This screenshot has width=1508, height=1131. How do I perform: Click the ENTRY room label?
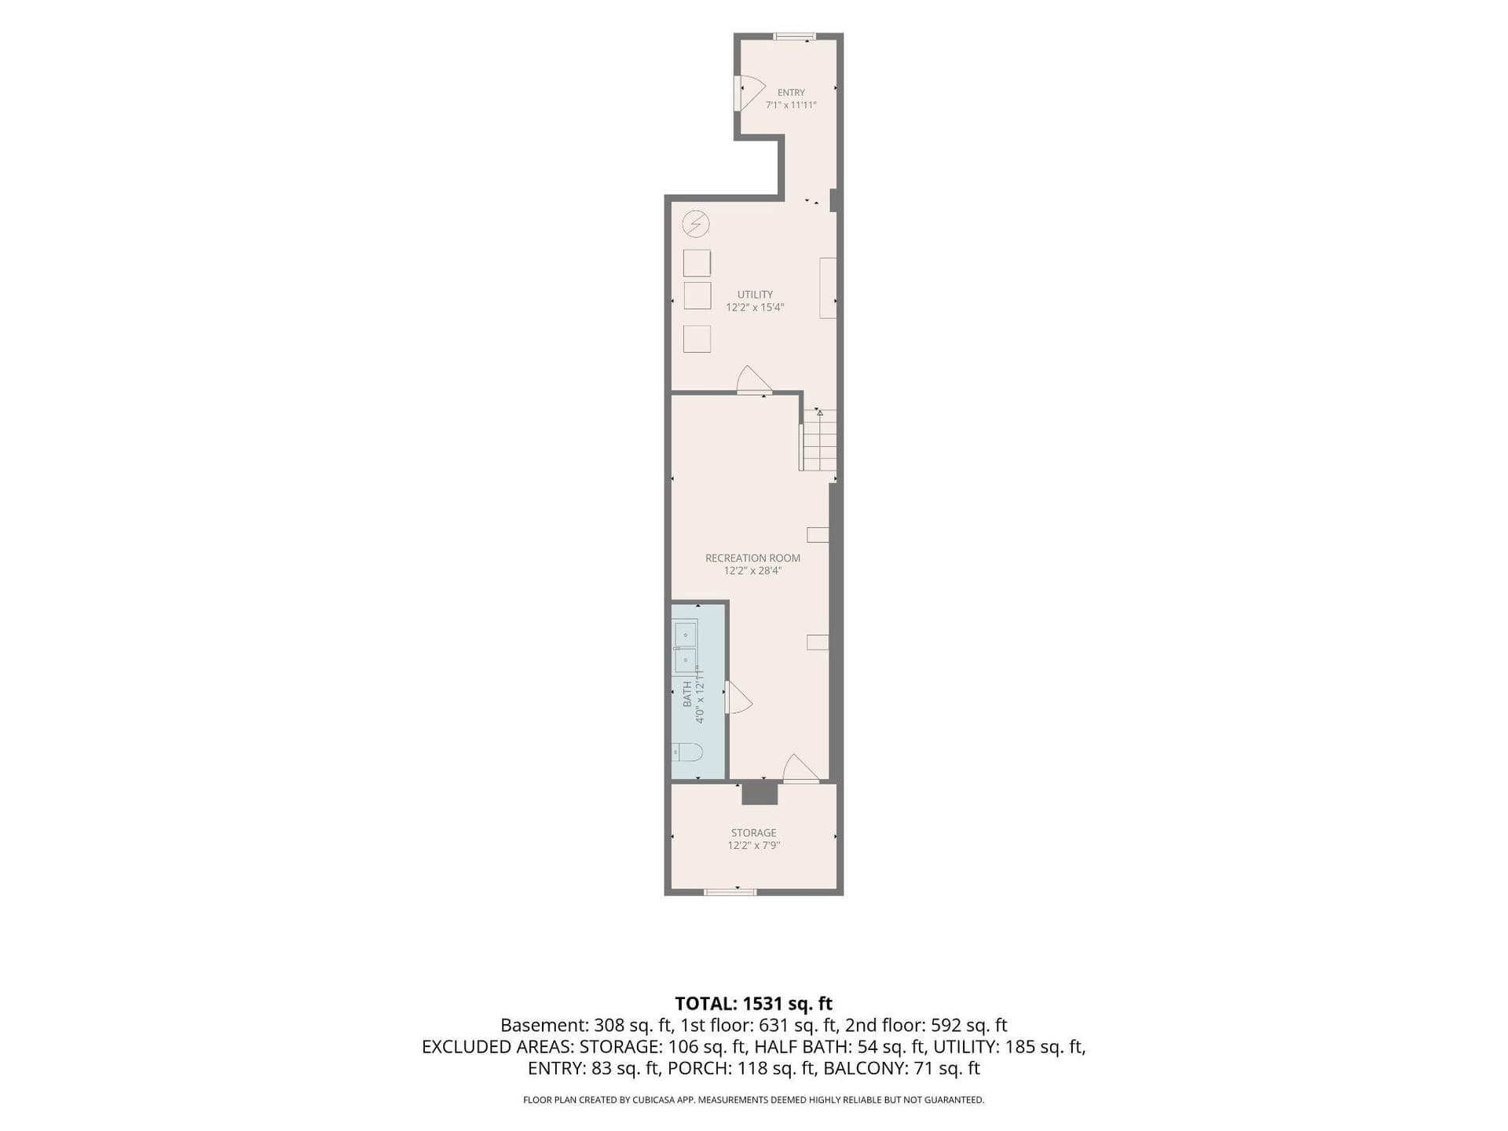pyautogui.click(x=791, y=93)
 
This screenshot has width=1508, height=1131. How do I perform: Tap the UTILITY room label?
pyautogui.click(x=755, y=295)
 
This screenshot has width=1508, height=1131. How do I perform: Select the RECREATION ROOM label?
pyautogui.click(x=752, y=558)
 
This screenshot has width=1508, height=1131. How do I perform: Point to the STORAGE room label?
pyautogui.click(x=753, y=833)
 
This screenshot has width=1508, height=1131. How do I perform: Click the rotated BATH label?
pyautogui.click(x=687, y=694)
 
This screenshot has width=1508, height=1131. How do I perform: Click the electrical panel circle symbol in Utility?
pyautogui.click(x=696, y=225)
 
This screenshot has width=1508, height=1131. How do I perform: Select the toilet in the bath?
pyautogui.click(x=686, y=752)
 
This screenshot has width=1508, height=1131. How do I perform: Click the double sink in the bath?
pyautogui.click(x=686, y=646)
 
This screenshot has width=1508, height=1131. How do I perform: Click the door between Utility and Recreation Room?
pyautogui.click(x=754, y=379)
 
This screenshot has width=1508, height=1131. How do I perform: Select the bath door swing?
pyautogui.click(x=738, y=697)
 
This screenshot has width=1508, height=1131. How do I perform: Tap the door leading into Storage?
pyautogui.click(x=801, y=768)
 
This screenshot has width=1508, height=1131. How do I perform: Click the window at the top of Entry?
pyautogui.click(x=794, y=36)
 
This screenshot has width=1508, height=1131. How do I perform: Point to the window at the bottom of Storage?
pyautogui.click(x=730, y=891)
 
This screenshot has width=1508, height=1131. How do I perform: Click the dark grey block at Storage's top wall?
pyautogui.click(x=759, y=793)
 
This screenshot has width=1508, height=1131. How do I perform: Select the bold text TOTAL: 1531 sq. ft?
pyautogui.click(x=754, y=1003)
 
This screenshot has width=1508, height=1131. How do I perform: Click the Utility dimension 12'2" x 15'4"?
pyautogui.click(x=755, y=307)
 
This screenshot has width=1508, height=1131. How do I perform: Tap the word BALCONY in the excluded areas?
pyautogui.click(x=862, y=1068)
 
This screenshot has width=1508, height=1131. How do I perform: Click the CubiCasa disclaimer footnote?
pyautogui.click(x=754, y=1100)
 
